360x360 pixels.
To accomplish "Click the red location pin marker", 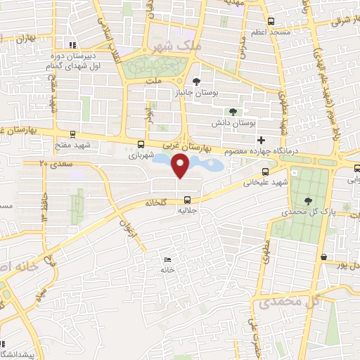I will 181,167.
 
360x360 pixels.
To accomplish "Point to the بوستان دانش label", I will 232,122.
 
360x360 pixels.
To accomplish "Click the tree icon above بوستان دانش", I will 233,111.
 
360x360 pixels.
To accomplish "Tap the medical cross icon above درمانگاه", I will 261,141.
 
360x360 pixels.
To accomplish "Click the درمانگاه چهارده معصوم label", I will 256,151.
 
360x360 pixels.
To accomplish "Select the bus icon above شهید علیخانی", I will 265,172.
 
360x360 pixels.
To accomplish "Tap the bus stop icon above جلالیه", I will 187,197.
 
